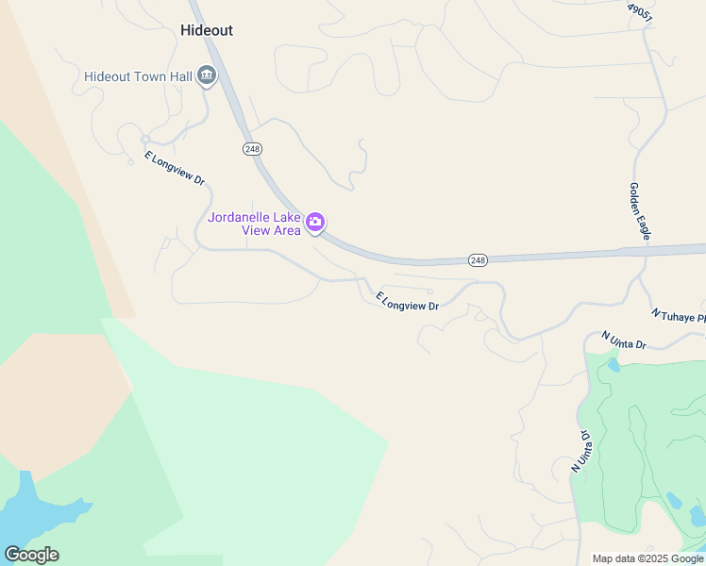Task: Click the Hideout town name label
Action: click(x=206, y=30)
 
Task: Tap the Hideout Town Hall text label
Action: click(x=138, y=76)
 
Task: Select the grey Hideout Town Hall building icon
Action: click(x=207, y=76)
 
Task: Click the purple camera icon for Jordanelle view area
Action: click(x=315, y=223)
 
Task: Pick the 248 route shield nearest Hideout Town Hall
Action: click(x=252, y=149)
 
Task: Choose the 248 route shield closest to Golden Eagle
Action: click(x=478, y=259)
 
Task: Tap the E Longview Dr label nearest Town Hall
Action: click(x=175, y=168)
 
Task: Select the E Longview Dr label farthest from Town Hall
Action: click(x=408, y=301)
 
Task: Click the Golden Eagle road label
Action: click(x=639, y=211)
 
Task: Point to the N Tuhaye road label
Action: click(x=678, y=314)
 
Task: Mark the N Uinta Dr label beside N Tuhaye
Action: click(x=625, y=340)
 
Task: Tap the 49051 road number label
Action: click(x=639, y=12)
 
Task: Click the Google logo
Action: click(x=31, y=555)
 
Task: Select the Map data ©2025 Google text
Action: click(x=647, y=558)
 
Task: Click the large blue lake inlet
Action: click(x=38, y=515)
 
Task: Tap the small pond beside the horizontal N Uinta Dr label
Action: click(x=614, y=363)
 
